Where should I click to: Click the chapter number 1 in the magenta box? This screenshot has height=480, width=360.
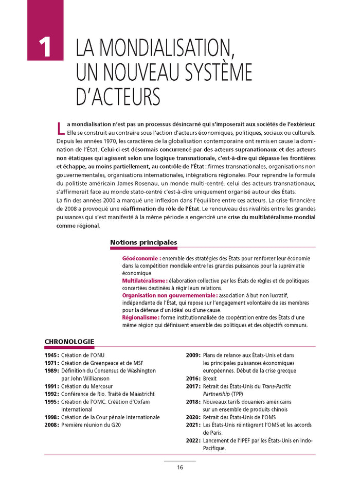tap(45, 47)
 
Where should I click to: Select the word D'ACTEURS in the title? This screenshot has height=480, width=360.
tap(118, 96)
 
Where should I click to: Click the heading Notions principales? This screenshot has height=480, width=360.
tap(143, 242)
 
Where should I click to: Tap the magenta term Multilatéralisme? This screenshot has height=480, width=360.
tap(145, 280)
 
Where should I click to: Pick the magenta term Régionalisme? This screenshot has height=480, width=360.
tap(140, 317)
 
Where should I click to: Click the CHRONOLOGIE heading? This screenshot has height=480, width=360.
tap(69, 341)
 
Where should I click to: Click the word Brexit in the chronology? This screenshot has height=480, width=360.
tap(210, 378)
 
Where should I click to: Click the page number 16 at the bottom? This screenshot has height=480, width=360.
tap(180, 467)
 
